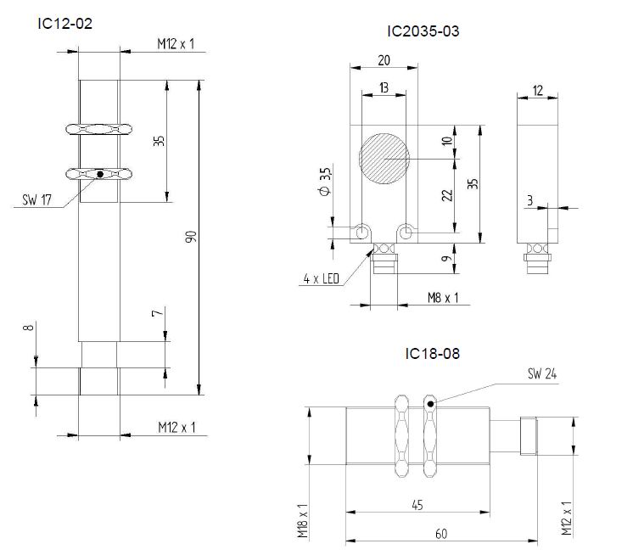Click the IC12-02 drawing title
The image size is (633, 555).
click(64, 24)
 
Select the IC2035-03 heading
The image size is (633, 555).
click(424, 32)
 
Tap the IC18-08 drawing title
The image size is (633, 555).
click(432, 353)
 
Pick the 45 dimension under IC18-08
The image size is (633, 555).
click(417, 506)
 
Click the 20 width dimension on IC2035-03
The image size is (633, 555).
click(384, 60)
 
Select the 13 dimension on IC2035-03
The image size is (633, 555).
click(384, 87)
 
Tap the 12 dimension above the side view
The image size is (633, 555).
click(538, 91)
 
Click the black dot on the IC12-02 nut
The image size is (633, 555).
click(99, 174)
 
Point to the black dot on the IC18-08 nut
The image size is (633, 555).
click(431, 404)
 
